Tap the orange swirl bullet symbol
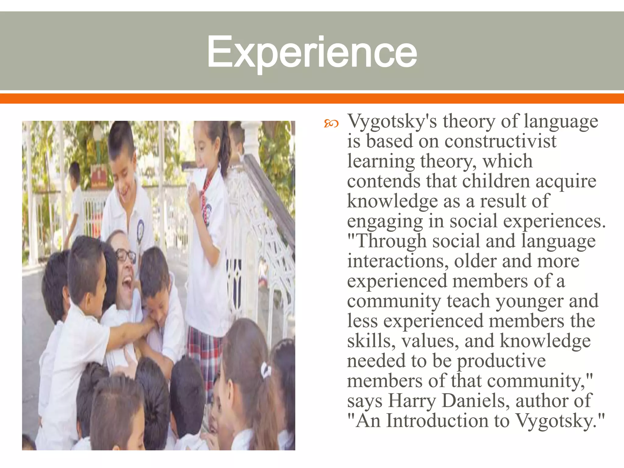(x=331, y=123)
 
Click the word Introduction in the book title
(x=437, y=421)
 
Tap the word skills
(x=369, y=341)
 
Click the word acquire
(x=566, y=182)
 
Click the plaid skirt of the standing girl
(x=204, y=350)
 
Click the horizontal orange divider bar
(x=312, y=98)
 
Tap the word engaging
(x=385, y=222)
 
